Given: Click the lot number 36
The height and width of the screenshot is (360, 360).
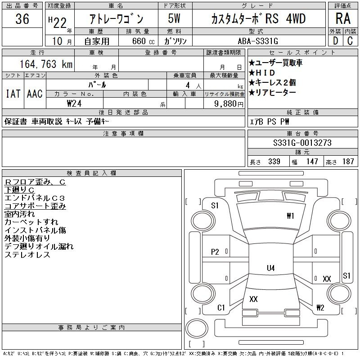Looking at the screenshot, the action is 22,19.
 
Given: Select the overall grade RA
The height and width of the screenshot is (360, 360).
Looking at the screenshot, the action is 343,18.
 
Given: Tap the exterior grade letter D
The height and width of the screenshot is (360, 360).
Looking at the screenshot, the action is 335,41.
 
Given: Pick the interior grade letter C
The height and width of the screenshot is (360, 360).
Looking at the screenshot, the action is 350,41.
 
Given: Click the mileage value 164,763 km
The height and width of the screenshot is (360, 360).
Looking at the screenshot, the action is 46,64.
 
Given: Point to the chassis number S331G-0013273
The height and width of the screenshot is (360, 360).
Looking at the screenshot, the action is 302,143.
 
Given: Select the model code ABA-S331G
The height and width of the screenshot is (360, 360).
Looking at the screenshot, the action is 258,41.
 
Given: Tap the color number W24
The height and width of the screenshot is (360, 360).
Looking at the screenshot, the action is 74,103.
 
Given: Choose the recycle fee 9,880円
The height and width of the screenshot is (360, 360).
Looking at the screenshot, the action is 229,104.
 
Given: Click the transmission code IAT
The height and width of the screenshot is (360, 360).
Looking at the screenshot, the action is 13,94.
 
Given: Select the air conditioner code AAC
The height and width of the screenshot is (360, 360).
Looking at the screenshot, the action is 35,94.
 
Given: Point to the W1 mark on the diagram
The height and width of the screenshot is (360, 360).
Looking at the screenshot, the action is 290,216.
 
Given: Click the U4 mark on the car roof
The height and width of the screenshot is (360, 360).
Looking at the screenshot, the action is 271,268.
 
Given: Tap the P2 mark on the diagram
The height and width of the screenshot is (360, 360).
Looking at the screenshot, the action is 215,252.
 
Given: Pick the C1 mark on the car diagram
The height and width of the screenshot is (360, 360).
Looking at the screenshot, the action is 221,308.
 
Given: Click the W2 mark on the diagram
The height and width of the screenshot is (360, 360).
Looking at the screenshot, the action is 320,307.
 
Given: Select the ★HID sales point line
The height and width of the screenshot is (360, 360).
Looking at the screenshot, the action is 262,73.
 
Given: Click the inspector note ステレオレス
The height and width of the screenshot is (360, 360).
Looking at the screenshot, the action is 27,255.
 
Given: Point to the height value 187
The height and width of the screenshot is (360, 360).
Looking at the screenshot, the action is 348,162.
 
